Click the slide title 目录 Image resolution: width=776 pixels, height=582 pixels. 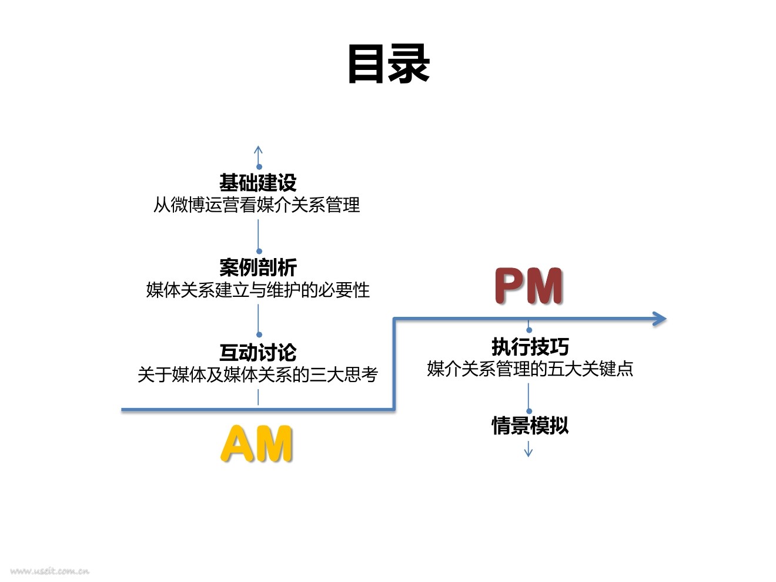point(389,64)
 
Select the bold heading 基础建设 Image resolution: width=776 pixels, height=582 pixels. point(258,182)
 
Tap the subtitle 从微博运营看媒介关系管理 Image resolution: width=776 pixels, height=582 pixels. point(257,205)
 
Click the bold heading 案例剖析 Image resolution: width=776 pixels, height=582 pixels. point(258,267)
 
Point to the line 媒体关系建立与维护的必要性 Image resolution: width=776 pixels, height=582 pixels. point(258,290)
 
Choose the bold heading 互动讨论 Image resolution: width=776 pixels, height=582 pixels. point(258,352)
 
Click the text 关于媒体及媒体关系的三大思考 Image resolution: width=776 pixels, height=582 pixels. point(258,374)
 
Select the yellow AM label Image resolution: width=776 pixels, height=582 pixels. point(257,444)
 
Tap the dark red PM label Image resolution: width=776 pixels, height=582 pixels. point(529,286)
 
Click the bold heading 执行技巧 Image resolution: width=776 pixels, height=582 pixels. point(530,347)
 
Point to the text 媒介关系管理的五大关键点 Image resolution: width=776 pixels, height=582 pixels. point(530,369)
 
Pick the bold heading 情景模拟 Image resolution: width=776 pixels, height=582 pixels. point(530,426)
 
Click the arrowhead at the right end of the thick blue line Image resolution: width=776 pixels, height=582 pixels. point(660,319)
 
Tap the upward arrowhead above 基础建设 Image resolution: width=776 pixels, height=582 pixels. point(258,150)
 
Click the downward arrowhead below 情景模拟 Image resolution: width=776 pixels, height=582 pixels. point(528,453)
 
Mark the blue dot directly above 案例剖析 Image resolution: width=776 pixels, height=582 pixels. point(259,251)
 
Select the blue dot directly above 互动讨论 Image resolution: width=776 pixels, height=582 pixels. point(259,335)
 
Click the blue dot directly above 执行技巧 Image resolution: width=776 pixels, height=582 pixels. point(529,330)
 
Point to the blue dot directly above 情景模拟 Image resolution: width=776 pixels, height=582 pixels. point(529,412)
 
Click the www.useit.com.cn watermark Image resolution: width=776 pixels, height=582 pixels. point(49,571)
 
